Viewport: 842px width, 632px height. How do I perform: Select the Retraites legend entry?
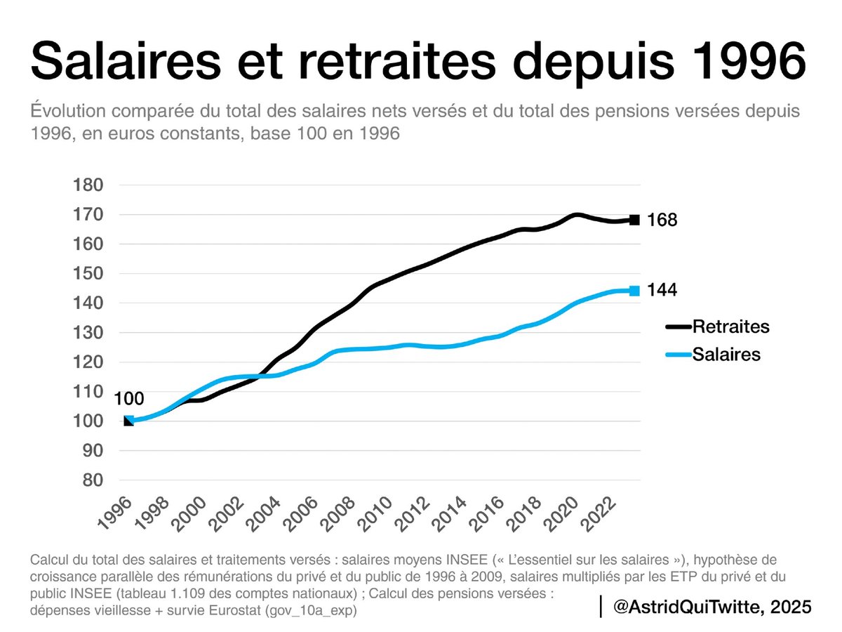pyautogui.click(x=730, y=327)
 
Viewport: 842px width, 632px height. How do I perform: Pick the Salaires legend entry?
pyautogui.click(x=726, y=355)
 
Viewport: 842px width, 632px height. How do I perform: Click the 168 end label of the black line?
pyautogui.click(x=662, y=220)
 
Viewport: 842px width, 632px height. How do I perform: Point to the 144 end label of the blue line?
pyautogui.click(x=662, y=291)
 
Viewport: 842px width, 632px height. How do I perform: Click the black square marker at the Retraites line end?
pyautogui.click(x=634, y=220)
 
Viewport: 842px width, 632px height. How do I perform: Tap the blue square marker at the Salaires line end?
pyautogui.click(x=634, y=291)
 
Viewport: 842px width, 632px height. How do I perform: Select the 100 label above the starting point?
pyautogui.click(x=128, y=400)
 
